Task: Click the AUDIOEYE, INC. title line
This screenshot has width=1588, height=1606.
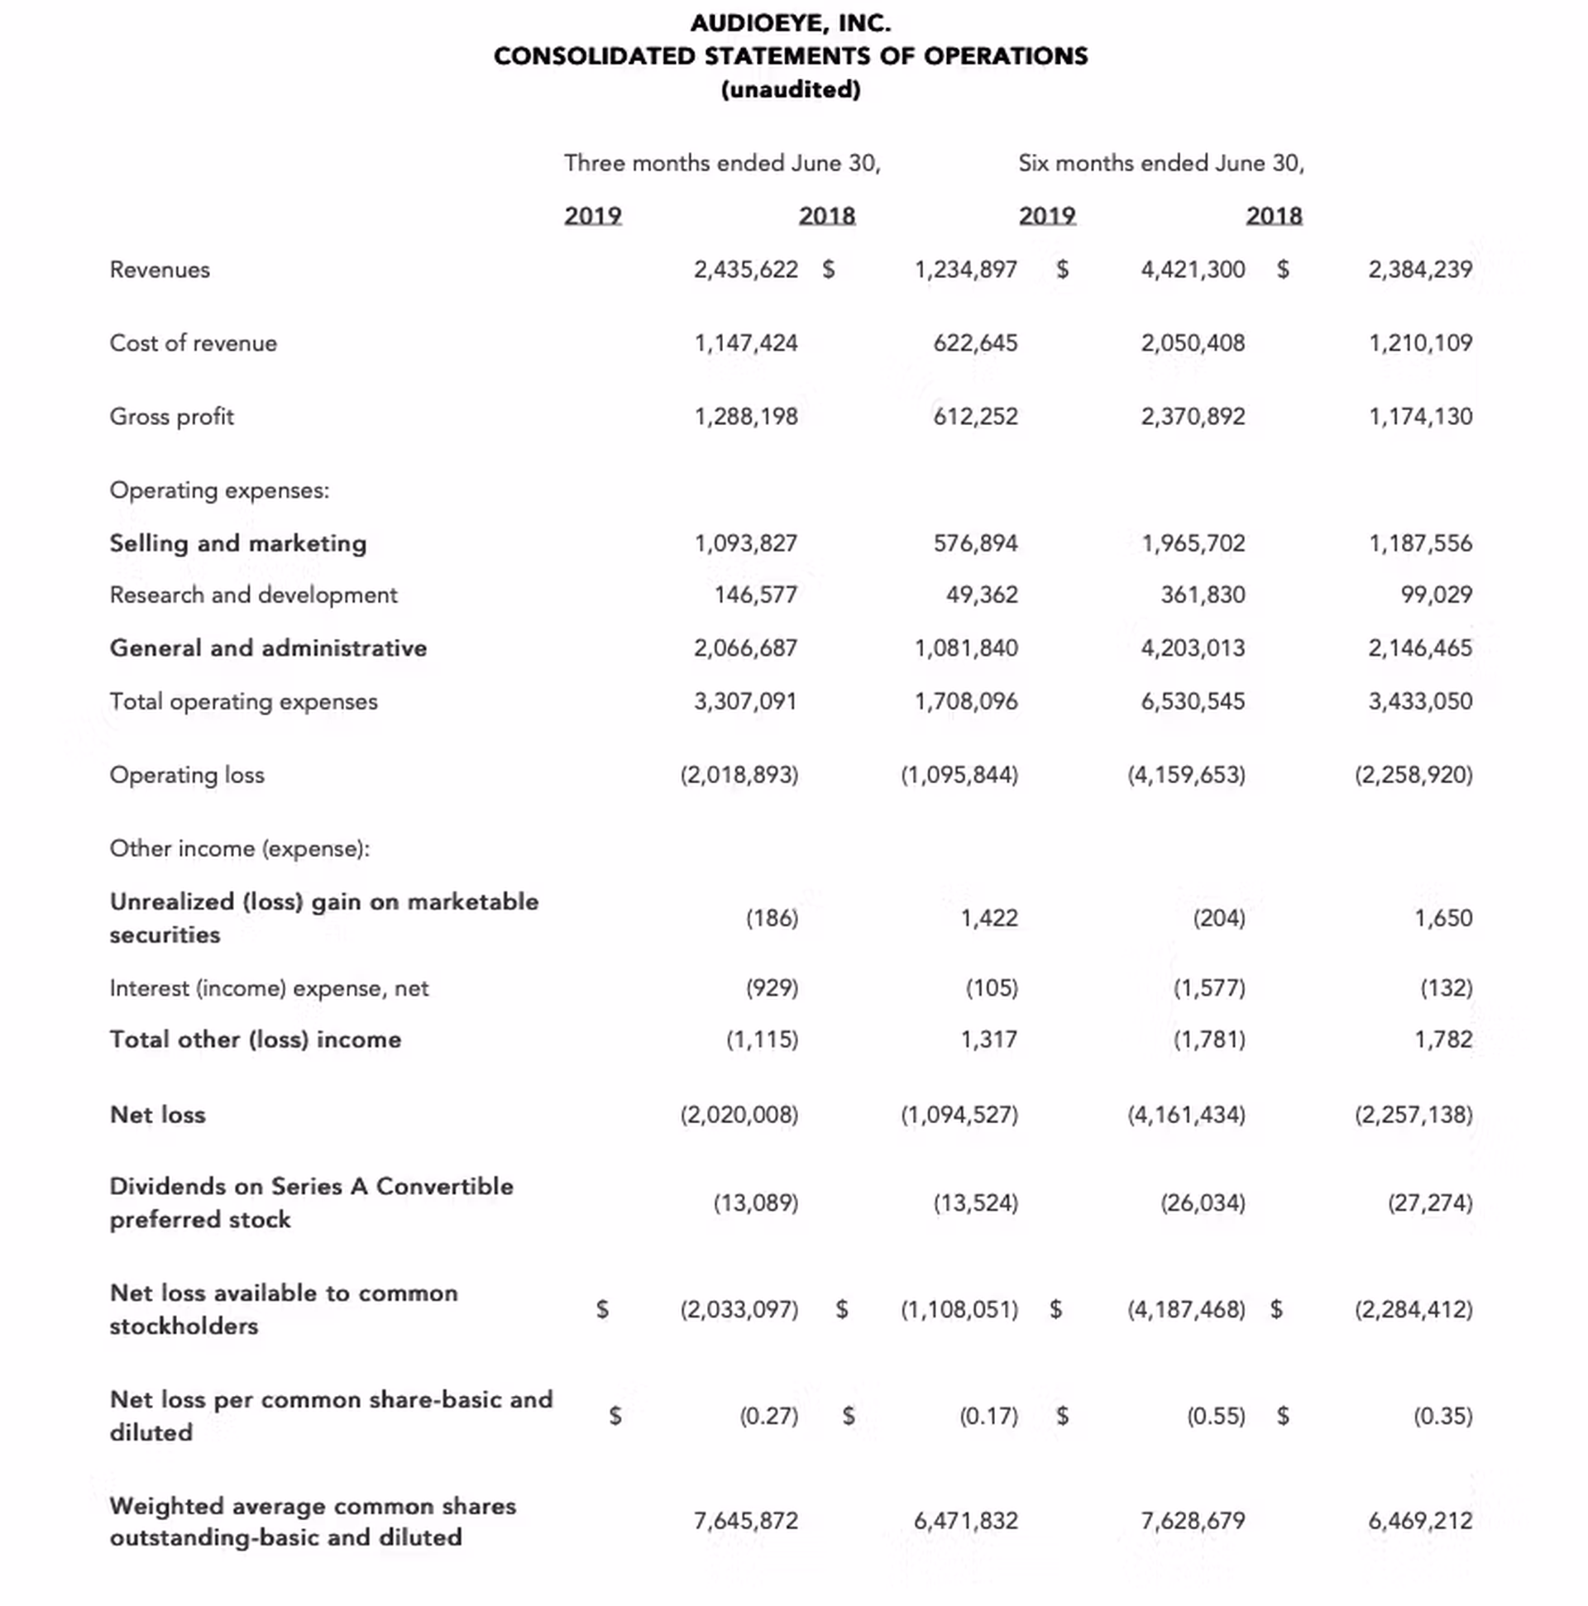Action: [790, 23]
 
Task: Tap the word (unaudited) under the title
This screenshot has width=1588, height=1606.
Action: [790, 90]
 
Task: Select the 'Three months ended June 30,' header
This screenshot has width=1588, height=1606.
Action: [722, 163]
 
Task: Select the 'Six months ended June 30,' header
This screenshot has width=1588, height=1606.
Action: [1160, 163]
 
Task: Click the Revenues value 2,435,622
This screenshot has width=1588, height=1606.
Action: [746, 270]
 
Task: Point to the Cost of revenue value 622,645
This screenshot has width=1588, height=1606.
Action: [974, 342]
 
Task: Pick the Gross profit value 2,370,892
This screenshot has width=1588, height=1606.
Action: [1193, 416]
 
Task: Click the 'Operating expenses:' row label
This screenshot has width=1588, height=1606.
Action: [219, 490]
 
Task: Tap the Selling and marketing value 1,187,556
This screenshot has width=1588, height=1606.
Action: [1420, 543]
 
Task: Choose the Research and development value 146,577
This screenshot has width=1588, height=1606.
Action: [755, 595]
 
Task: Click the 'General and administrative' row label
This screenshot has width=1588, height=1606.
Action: [268, 648]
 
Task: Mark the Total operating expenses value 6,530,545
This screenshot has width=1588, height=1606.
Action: [1193, 700]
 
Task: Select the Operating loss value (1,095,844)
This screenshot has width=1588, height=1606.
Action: [959, 775]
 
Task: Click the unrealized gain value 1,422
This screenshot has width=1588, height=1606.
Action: [988, 918]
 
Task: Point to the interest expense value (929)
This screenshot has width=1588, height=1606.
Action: [772, 987]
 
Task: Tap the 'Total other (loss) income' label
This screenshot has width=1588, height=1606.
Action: [256, 1039]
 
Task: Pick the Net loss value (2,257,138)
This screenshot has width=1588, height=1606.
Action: [1413, 1114]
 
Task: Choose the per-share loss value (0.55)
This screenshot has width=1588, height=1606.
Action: [1216, 1416]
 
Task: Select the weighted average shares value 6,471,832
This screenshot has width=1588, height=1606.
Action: [965, 1520]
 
